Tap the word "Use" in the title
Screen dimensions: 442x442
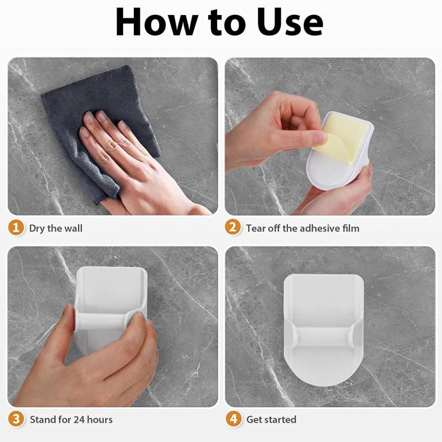(x=290, y=22)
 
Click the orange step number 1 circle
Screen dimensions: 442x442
(x=16, y=228)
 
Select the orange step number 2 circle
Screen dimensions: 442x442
(x=233, y=228)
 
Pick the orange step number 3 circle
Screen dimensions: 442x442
(x=16, y=419)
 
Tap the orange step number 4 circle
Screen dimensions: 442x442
(x=233, y=419)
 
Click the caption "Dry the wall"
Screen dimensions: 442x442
(x=56, y=228)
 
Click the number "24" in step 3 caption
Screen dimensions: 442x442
(x=79, y=419)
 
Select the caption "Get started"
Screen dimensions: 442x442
(x=271, y=419)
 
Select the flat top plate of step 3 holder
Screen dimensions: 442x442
(x=112, y=287)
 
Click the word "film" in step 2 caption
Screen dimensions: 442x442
(x=351, y=228)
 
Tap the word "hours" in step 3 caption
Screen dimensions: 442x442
(x=100, y=419)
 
